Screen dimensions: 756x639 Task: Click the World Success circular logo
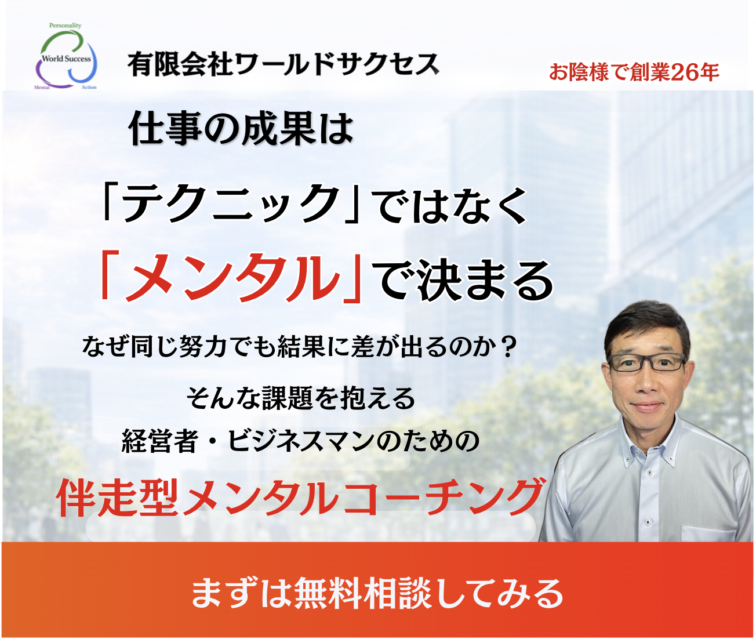[x=66, y=58]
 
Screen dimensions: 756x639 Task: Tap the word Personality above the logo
[x=65, y=26]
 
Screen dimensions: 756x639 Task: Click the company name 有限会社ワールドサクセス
[x=283, y=64]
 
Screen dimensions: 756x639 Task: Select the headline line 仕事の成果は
[x=241, y=129]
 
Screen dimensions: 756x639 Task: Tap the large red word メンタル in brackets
[x=232, y=278]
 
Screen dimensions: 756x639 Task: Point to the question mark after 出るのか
[x=505, y=347]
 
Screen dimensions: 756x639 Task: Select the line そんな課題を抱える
[x=300, y=398]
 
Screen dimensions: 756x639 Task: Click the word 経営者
[x=159, y=441]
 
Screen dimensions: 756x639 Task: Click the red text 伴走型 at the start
[x=118, y=498]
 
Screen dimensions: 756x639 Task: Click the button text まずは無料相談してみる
[x=377, y=593]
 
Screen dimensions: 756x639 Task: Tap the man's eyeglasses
[x=646, y=362]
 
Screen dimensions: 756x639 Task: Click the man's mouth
[x=648, y=405]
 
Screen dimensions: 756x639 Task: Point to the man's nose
[x=646, y=382]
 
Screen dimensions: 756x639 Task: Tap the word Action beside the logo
[x=89, y=88]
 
